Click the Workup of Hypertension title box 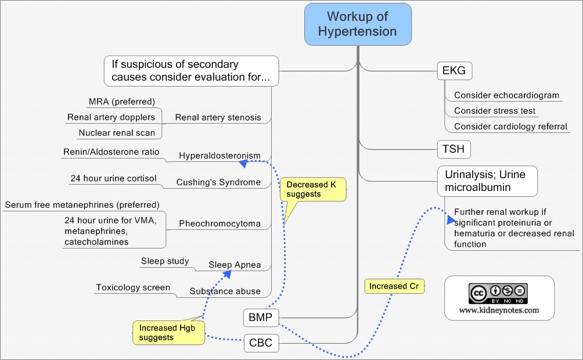[358, 24]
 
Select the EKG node [454, 71]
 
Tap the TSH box [453, 149]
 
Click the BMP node [260, 318]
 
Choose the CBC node [260, 343]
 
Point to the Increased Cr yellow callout [394, 286]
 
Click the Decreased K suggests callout [313, 189]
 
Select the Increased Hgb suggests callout [168, 332]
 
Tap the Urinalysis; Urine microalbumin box [487, 181]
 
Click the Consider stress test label [494, 111]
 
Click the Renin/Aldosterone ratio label [111, 152]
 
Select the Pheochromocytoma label [219, 224]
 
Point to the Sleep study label [165, 261]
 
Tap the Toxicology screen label [133, 287]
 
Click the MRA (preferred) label [121, 102]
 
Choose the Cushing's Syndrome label [218, 182]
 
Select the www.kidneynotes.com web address [499, 310]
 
